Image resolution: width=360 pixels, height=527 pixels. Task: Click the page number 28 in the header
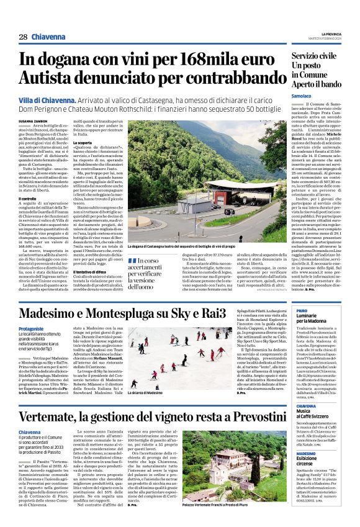tap(23, 37)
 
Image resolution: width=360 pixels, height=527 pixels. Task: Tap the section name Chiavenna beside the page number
tap(52, 37)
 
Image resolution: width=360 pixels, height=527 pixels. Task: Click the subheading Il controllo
tap(30, 199)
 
